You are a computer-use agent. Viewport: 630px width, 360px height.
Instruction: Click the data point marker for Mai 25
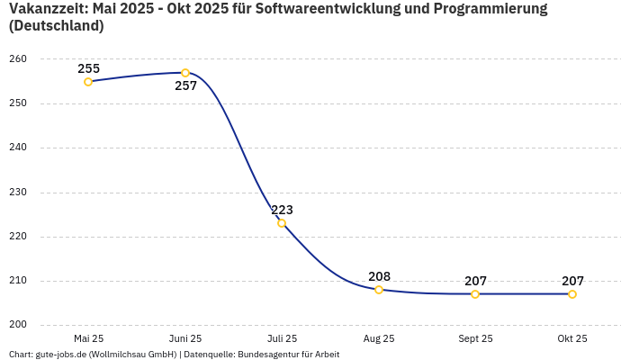[x=88, y=82]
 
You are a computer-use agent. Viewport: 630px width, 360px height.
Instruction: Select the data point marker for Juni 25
[x=185, y=73]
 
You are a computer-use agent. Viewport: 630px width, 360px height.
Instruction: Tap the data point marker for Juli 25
[x=282, y=223]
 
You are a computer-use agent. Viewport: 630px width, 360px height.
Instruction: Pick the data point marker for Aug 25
[x=379, y=290]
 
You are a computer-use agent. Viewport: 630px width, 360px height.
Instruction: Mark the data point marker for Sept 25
[x=475, y=294]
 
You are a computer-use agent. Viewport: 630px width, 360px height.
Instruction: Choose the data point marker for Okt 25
[x=572, y=294]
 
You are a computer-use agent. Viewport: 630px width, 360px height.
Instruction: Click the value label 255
[x=88, y=68]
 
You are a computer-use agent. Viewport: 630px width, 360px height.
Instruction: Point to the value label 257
[x=185, y=86]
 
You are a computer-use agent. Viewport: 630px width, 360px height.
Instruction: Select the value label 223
[x=282, y=210]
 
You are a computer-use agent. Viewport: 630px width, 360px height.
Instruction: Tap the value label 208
[x=379, y=276]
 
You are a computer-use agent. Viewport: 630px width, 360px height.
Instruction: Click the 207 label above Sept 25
[x=475, y=281]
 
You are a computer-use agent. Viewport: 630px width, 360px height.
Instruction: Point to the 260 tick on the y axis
[x=19, y=59]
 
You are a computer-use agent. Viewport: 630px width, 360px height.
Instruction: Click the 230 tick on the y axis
[x=19, y=192]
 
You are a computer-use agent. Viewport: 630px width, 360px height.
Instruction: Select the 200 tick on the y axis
[x=19, y=325]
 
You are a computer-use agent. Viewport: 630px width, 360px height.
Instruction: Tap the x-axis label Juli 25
[x=282, y=339]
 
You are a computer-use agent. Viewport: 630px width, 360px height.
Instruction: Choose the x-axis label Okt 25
[x=572, y=339]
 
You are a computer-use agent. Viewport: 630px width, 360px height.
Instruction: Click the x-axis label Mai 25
[x=88, y=339]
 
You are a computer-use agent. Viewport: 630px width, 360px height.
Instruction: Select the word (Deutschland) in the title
[x=56, y=26]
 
